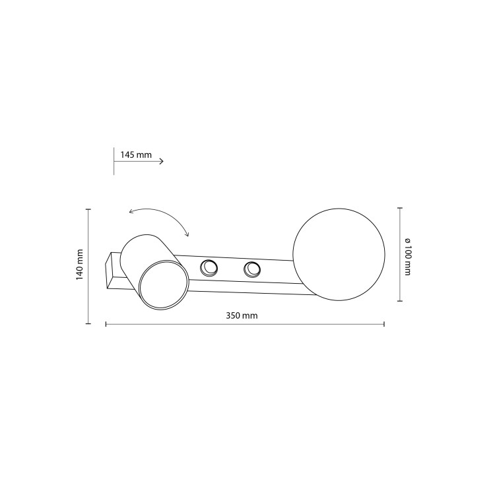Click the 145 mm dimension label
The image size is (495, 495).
click(136, 154)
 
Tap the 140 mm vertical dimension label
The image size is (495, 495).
click(79, 265)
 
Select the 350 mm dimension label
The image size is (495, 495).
click(242, 315)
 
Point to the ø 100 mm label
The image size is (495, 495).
click(408, 256)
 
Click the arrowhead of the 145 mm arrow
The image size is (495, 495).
click(162, 161)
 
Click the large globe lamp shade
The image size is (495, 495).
click(339, 255)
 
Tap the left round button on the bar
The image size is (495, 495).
click(209, 269)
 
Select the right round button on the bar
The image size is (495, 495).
click(252, 270)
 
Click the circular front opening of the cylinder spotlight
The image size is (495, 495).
click(164, 284)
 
